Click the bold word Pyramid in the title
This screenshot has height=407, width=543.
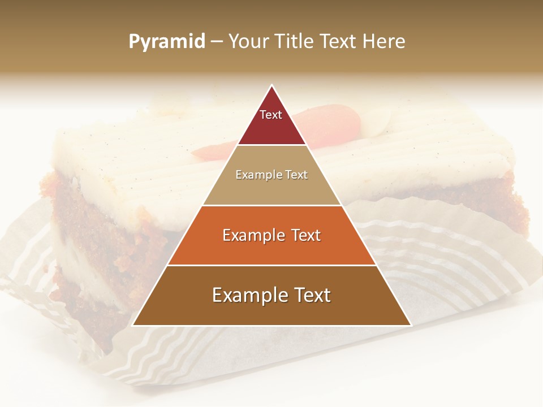[x=167, y=42]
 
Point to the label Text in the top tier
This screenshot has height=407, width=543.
[x=271, y=115]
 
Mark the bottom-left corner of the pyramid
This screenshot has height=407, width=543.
[x=133, y=325]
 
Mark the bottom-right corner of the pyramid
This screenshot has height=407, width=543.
[x=411, y=325]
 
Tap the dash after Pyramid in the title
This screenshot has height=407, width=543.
[x=216, y=42]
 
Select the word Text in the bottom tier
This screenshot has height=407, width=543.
[x=312, y=295]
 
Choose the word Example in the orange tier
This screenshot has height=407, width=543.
[x=252, y=235]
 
